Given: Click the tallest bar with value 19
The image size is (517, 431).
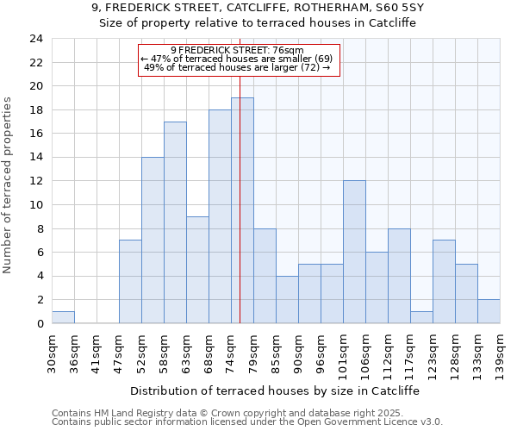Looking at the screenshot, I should (x=242, y=210).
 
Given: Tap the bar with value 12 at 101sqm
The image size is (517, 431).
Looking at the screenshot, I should (x=354, y=252).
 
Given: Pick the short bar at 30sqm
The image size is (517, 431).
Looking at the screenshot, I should (x=63, y=317).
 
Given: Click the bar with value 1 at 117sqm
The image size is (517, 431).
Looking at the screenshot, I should (x=421, y=317).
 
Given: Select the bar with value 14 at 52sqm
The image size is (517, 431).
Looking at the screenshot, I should (x=153, y=240).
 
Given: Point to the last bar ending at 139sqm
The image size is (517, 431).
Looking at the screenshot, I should (x=489, y=311).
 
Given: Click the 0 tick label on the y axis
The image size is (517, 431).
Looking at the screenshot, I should (x=39, y=324).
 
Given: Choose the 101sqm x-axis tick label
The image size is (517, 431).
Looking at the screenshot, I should (x=344, y=352).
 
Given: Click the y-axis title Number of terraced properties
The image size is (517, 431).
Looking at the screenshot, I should (x=9, y=185).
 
